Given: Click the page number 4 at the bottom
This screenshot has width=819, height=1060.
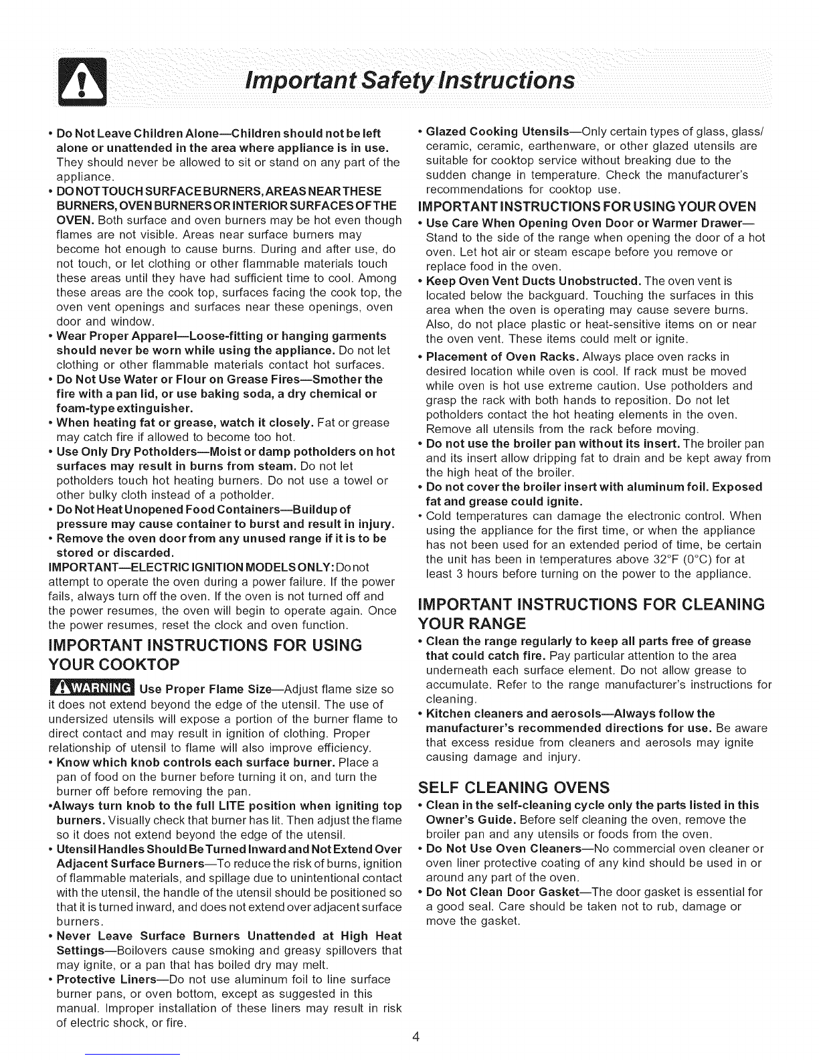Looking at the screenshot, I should (416, 1038).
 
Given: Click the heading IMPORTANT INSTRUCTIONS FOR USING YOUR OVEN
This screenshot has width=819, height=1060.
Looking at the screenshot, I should (591, 205).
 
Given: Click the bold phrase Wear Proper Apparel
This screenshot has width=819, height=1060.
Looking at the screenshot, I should (110, 335).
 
